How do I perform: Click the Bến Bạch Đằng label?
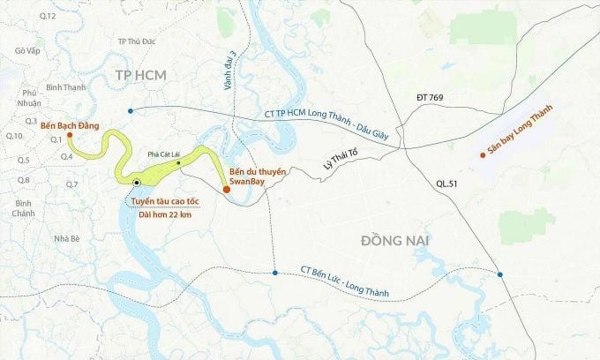[x=70, y=125]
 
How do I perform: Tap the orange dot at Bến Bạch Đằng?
[x=70, y=136]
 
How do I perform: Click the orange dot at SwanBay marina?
[x=227, y=189]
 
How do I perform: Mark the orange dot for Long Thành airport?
[x=483, y=155]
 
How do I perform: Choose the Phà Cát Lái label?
[x=163, y=154]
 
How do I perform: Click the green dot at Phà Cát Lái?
[x=179, y=162]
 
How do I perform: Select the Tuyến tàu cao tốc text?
[x=161, y=201]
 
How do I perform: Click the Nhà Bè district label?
[x=66, y=238]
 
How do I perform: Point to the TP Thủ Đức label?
[x=141, y=41]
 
